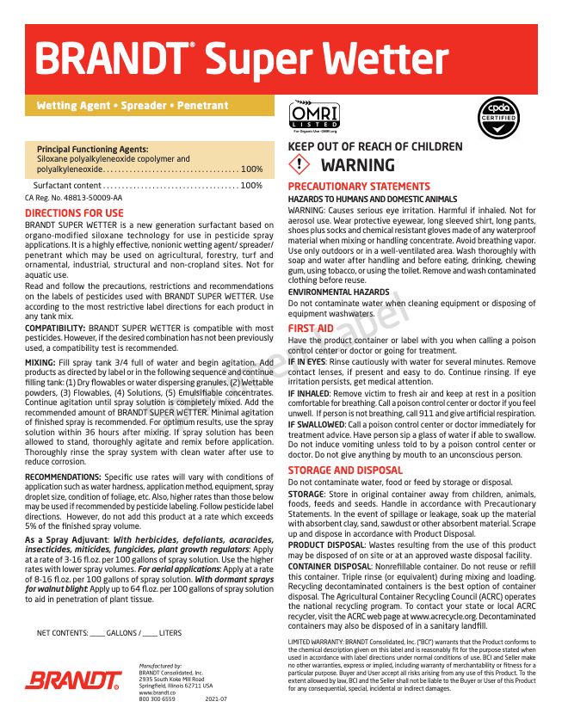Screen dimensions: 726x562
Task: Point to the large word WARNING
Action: click(x=357, y=165)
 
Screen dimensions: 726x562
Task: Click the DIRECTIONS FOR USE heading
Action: click(x=74, y=213)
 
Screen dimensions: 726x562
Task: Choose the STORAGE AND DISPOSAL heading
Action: click(x=345, y=471)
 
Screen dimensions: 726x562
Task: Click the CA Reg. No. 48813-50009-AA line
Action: click(x=73, y=198)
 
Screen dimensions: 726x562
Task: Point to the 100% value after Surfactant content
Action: click(x=251, y=185)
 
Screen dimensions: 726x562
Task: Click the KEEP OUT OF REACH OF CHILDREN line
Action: click(x=374, y=147)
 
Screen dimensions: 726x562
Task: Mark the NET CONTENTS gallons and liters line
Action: click(x=109, y=633)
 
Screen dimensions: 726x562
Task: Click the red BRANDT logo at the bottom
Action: click(x=72, y=681)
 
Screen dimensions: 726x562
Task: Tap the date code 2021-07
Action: click(x=216, y=699)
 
